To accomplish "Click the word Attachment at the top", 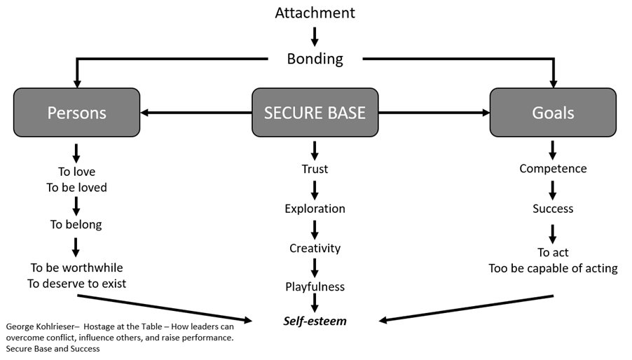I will [x=315, y=13].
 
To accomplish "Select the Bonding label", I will [x=315, y=58].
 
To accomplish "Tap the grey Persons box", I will [x=76, y=112].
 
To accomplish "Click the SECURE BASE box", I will [x=315, y=112].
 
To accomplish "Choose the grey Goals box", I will [x=553, y=112].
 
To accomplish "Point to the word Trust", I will [x=315, y=169].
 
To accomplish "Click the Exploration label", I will [x=315, y=208].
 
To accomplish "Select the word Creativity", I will [x=315, y=248].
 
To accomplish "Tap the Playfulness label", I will [x=315, y=286].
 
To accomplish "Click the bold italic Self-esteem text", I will [x=315, y=321].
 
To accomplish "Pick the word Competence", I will [x=553, y=169].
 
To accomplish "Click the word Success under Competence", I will [x=553, y=208].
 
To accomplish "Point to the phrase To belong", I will [x=76, y=225].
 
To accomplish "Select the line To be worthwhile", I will [x=76, y=268].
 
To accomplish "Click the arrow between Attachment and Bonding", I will [x=315, y=36].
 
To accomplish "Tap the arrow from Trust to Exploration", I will [x=315, y=189].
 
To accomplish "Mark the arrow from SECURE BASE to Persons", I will [x=196, y=112].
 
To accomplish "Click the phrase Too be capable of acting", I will [x=553, y=268].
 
